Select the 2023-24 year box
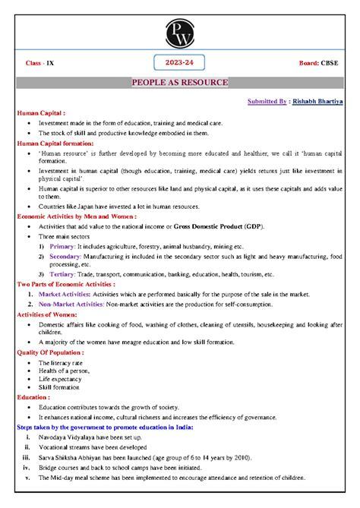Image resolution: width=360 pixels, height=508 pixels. click(x=179, y=62)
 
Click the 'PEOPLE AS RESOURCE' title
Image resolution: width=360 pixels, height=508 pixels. click(x=179, y=82)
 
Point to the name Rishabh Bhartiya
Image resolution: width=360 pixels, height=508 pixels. click(x=317, y=101)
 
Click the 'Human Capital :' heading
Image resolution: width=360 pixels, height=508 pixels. click(x=41, y=112)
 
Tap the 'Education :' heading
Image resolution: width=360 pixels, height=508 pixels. click(x=34, y=397)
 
